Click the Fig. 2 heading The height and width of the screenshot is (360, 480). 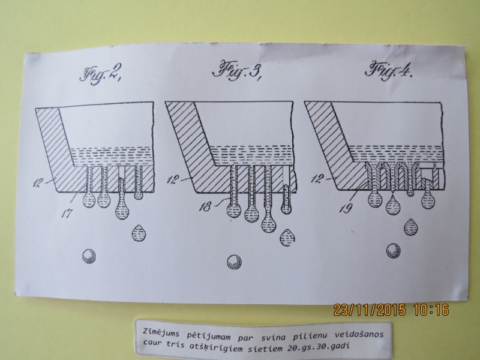pyautogui.click(x=101, y=73)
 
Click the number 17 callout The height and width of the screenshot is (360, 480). pyautogui.click(x=67, y=213)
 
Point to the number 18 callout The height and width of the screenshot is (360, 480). pyautogui.click(x=205, y=207)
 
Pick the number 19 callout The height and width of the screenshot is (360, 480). pyautogui.click(x=346, y=209)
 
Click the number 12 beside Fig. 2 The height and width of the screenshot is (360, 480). pyautogui.click(x=38, y=184)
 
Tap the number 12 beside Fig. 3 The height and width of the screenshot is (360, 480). pyautogui.click(x=172, y=179)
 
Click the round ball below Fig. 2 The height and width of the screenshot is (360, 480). pyautogui.click(x=89, y=256)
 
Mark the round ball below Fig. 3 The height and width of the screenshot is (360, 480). pyautogui.click(x=234, y=262)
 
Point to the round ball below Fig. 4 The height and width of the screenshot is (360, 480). pyautogui.click(x=394, y=251)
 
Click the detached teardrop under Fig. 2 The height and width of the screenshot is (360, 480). pyautogui.click(x=139, y=233)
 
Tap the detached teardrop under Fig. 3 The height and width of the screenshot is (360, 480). pyautogui.click(x=287, y=238)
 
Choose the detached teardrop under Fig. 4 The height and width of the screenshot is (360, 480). pyautogui.click(x=411, y=227)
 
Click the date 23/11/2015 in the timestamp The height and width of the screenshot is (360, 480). pyautogui.click(x=369, y=310)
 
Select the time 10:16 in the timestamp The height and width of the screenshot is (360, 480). pyautogui.click(x=431, y=310)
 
